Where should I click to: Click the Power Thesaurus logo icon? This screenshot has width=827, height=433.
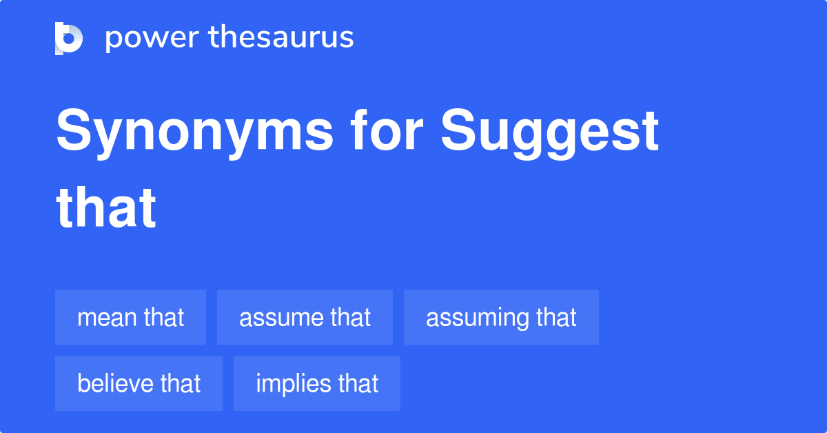(x=68, y=38)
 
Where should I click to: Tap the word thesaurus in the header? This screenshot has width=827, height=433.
(x=281, y=38)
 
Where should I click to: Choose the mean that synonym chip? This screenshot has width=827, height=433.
(x=130, y=317)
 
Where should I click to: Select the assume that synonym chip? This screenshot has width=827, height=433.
(x=305, y=317)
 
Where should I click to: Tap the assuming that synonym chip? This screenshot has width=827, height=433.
(x=501, y=317)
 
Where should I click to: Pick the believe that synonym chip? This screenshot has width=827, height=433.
(x=139, y=383)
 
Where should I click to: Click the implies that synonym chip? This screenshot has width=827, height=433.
(x=317, y=383)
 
